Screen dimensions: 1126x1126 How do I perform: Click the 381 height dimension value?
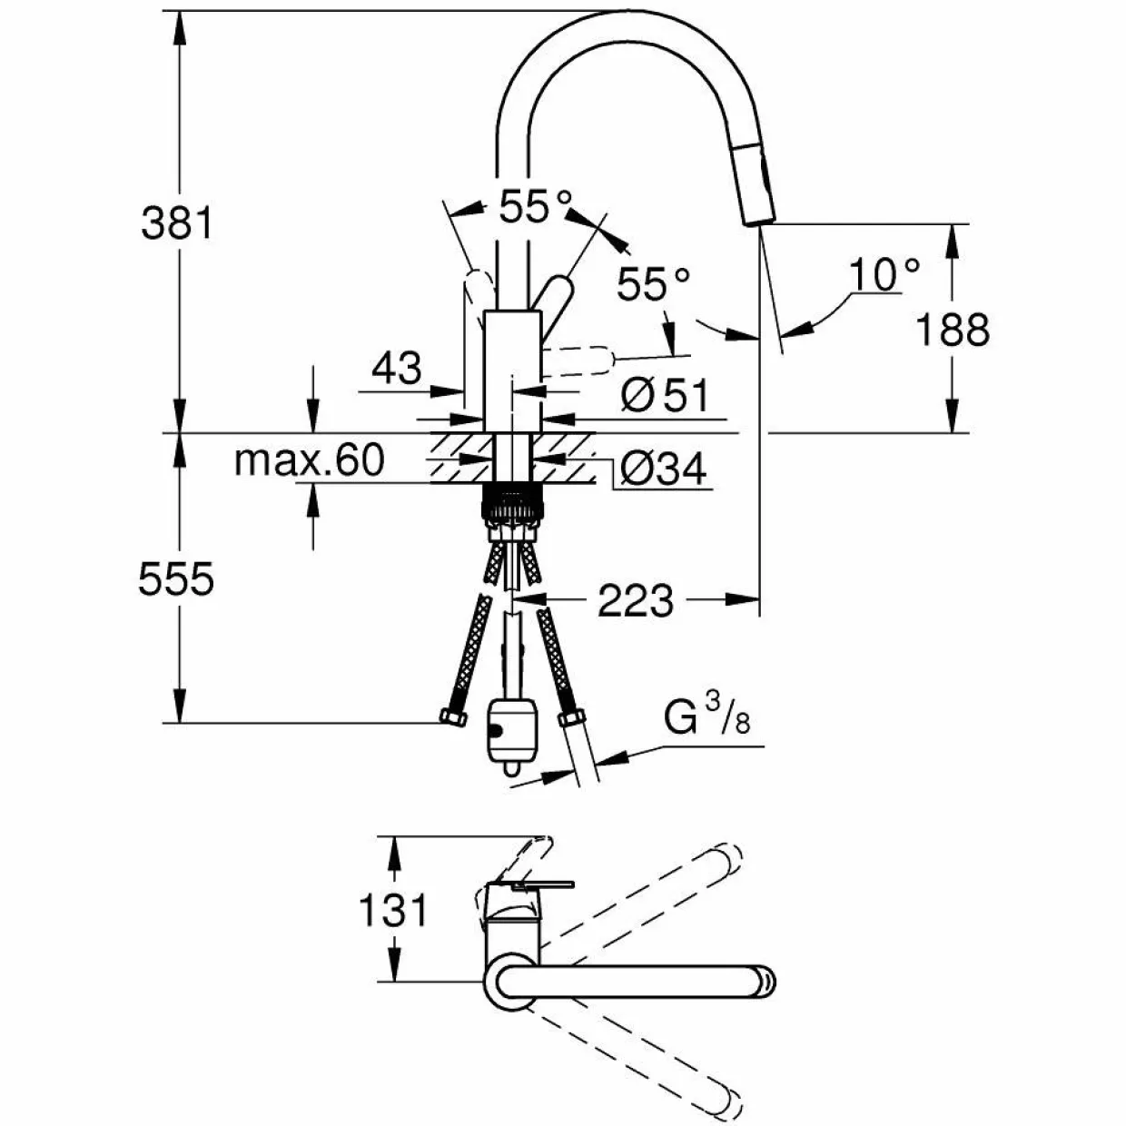178,223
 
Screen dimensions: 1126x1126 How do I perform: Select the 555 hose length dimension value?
176,579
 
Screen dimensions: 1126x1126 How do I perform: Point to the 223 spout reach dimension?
635,600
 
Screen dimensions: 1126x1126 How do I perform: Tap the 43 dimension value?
397,368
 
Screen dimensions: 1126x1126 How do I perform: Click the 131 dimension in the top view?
392,910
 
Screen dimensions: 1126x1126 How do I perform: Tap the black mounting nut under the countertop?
512,502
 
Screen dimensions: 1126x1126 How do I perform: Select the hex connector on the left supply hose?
453,716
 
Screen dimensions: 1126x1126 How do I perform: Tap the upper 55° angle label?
535,206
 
